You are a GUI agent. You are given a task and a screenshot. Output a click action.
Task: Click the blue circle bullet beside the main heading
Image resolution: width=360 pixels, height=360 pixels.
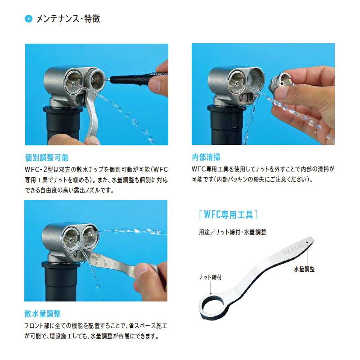tap(29, 19)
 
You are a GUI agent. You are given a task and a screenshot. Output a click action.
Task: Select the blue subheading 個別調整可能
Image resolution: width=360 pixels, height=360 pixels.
tap(47, 158)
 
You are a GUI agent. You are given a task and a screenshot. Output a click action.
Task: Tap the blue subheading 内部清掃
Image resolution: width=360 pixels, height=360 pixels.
tap(206, 158)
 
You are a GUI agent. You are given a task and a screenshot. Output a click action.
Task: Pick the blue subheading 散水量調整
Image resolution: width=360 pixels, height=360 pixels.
tap(43, 313)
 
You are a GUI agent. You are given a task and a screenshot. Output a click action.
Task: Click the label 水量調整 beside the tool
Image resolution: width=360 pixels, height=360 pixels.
tap(304, 269)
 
